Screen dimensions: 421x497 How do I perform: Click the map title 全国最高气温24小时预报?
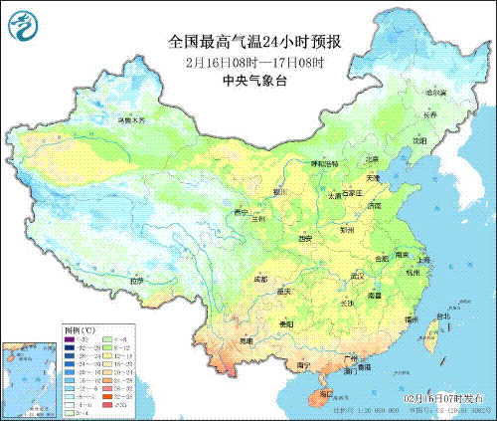coord(254,42)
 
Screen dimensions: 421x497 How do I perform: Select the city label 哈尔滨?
coord(432,93)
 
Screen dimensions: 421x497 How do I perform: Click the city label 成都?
coord(258,280)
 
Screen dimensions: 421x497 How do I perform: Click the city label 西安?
coord(305,239)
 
